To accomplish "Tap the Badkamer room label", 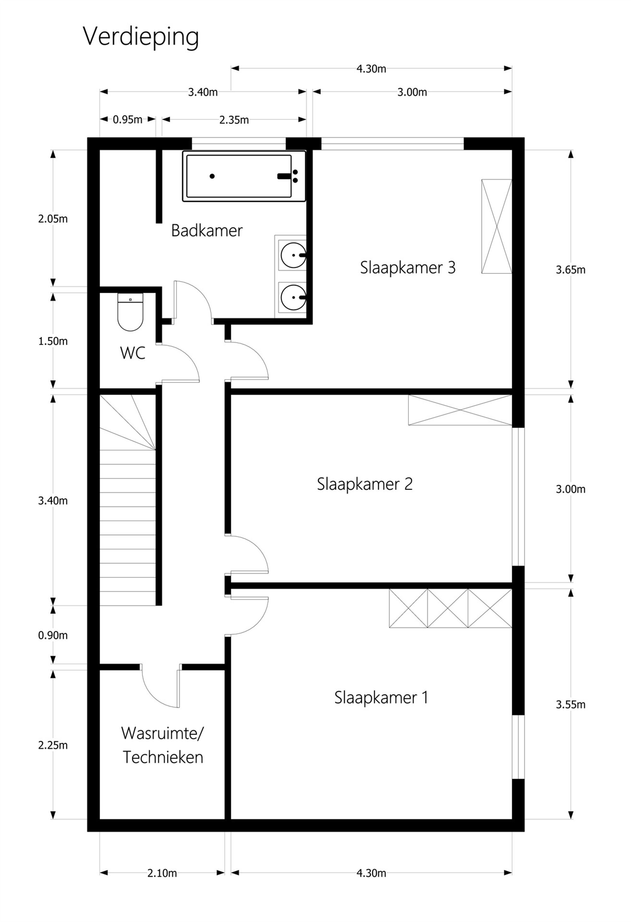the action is [x=207, y=230].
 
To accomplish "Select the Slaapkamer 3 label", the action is [x=408, y=268].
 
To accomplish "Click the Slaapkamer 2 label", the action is [x=364, y=484].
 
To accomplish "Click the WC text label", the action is [x=133, y=353].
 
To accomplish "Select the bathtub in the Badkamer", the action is [x=244, y=176].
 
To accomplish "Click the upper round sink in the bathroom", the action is [x=293, y=255].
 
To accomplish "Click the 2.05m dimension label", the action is [x=53, y=219].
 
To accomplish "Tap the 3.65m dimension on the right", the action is [x=570, y=270].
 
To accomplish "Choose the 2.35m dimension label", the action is [x=234, y=120].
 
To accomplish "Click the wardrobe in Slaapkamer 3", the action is [x=497, y=226].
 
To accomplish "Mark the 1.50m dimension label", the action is [x=53, y=341].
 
